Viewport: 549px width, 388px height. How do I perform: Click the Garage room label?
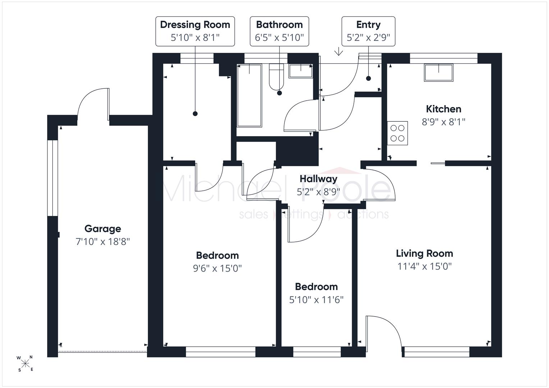tap(103, 229)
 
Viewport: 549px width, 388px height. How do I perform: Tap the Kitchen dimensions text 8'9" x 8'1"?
tap(443, 122)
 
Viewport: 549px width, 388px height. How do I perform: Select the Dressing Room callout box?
tap(195, 31)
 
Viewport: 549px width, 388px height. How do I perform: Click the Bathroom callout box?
tap(279, 31)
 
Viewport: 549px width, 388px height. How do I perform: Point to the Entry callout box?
tap(369, 31)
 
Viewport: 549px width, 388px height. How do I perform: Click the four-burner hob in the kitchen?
tap(397, 133)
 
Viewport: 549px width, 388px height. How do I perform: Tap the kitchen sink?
tap(439, 73)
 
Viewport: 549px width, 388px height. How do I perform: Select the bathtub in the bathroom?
tap(249, 96)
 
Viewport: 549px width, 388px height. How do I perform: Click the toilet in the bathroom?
tap(276, 77)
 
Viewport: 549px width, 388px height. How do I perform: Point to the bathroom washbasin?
tap(301, 71)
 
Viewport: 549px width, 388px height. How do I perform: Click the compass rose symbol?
tap(25, 364)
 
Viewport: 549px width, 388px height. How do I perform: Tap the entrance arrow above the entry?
tap(338, 51)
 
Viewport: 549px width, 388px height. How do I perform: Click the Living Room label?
tap(425, 253)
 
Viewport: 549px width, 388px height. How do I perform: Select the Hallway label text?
tap(319, 179)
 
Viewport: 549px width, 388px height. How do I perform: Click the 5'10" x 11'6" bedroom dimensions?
tap(316, 300)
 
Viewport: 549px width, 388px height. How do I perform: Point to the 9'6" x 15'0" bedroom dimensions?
tap(218, 268)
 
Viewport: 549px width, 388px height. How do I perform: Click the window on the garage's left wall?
tap(53, 178)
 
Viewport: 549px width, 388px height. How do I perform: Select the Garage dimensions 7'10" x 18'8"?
tap(103, 242)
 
